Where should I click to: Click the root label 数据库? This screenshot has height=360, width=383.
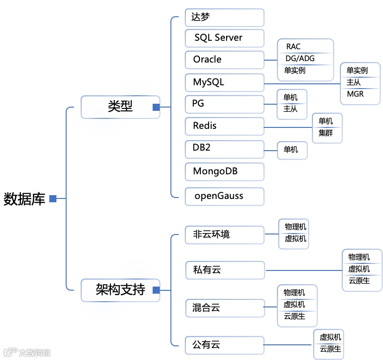tap(25, 199)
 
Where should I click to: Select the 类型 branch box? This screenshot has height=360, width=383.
tap(120, 107)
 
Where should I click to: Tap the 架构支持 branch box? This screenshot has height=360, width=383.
tap(120, 289)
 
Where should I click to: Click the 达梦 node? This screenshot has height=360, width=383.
tap(224, 18)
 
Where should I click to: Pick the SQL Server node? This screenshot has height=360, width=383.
tap(224, 38)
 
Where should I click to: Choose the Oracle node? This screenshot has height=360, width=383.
tap(224, 60)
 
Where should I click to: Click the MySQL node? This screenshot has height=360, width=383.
tap(224, 82)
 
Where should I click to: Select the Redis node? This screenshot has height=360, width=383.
tap(224, 126)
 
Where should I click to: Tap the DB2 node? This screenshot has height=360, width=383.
tap(224, 148)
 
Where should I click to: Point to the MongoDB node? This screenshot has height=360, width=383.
tap(224, 171)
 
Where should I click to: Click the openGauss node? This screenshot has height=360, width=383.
tap(224, 196)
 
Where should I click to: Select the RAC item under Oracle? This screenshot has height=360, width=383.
tap(293, 46)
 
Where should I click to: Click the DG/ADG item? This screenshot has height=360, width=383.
tap(300, 58)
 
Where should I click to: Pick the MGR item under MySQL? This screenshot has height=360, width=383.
tap(356, 94)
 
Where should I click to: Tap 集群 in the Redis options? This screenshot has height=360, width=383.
tap(326, 133)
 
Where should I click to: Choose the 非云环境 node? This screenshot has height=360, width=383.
tap(224, 234)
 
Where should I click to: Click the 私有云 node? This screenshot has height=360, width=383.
tap(224, 270)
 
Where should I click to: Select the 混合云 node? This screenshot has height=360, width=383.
tap(224, 308)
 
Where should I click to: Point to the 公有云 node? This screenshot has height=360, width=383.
tap(224, 345)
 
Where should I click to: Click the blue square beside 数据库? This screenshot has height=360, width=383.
tap(53, 198)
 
